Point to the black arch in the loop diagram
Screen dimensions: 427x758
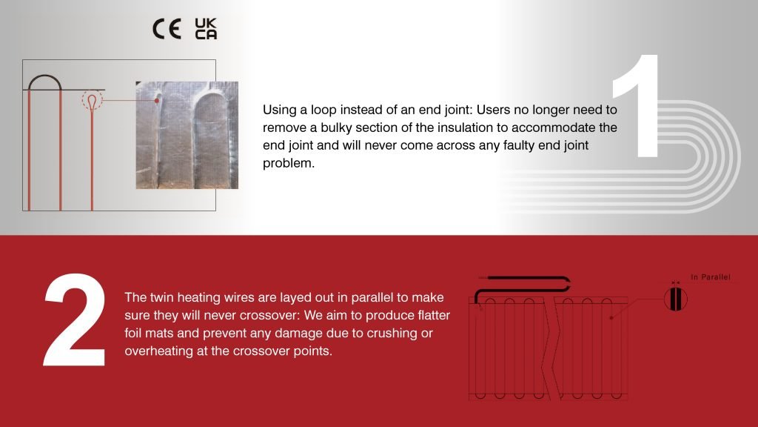pos(45,80)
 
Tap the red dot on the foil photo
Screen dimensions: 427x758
pos(157,101)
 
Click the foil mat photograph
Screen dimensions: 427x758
pos(187,134)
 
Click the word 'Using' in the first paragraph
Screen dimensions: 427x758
pos(279,110)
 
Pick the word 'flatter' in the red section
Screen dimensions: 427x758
pos(430,316)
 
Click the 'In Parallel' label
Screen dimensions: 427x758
pos(710,277)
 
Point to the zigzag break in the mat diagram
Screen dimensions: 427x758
pos(549,345)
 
